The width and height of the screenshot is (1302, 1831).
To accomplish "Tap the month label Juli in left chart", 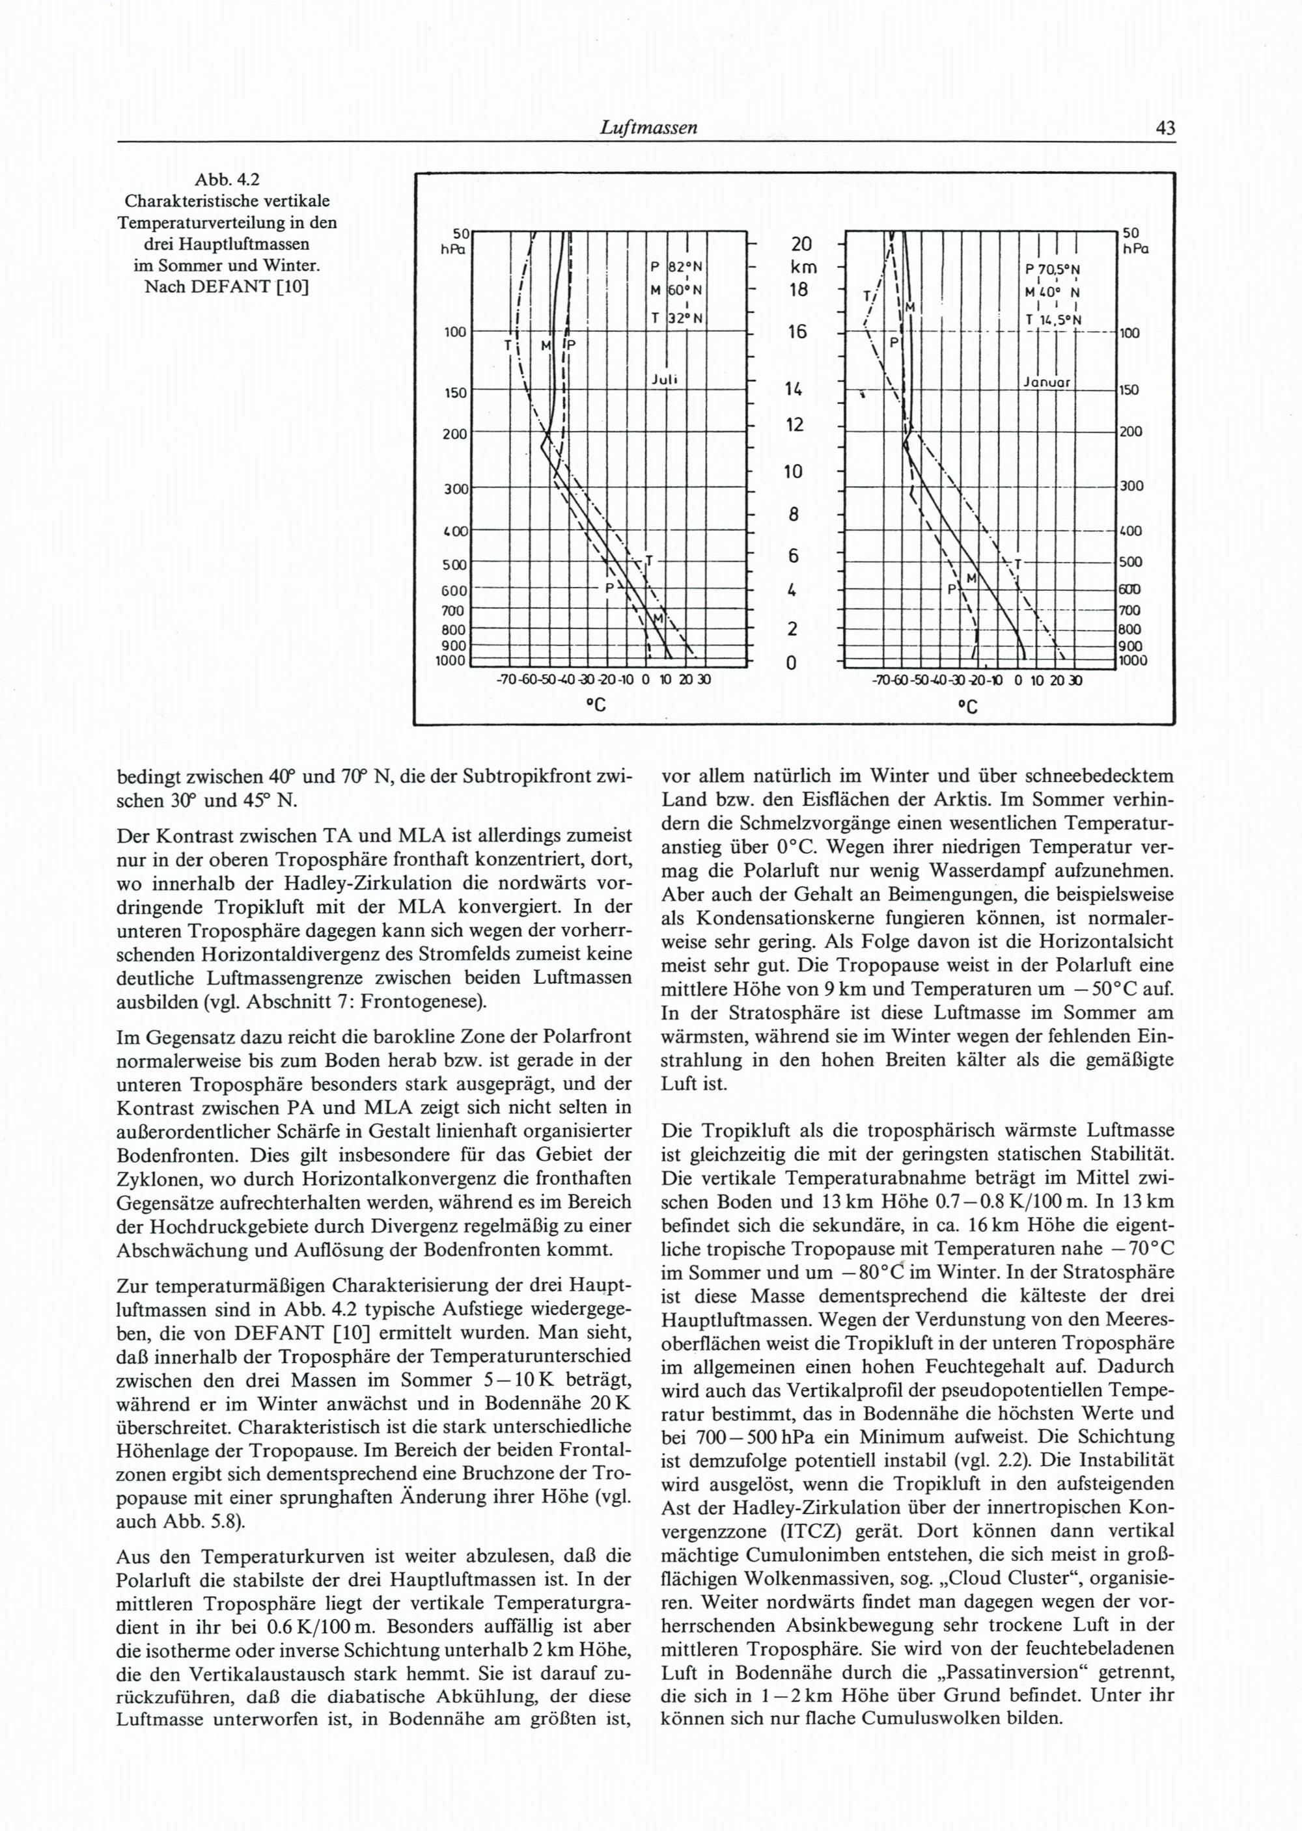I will tap(665, 379).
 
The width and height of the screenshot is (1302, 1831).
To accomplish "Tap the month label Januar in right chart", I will tap(1047, 382).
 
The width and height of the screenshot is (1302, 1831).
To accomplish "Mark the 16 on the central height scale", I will tap(797, 331).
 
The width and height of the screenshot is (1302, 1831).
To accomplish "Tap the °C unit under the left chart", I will tap(594, 705).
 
